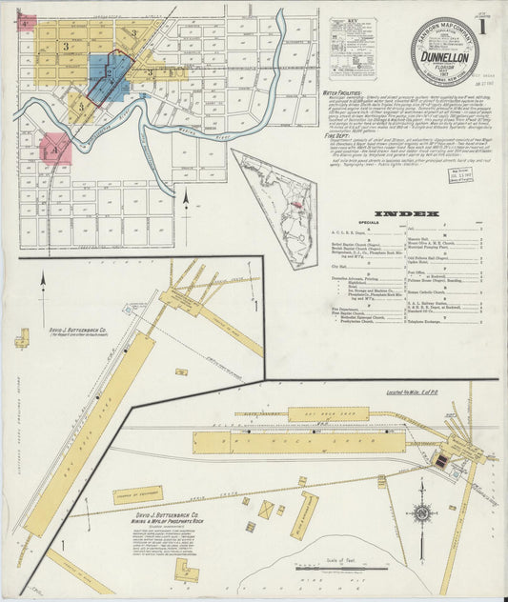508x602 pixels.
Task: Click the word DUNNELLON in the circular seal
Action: tap(444, 58)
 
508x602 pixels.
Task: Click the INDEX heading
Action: tap(407, 214)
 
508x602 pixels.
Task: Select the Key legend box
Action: tap(353, 47)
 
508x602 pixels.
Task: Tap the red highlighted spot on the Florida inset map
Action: tap(297, 203)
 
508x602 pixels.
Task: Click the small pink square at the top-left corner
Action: tap(26, 21)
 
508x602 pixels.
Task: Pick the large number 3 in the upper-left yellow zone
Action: tap(66, 46)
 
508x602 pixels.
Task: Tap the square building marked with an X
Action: tap(266, 510)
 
